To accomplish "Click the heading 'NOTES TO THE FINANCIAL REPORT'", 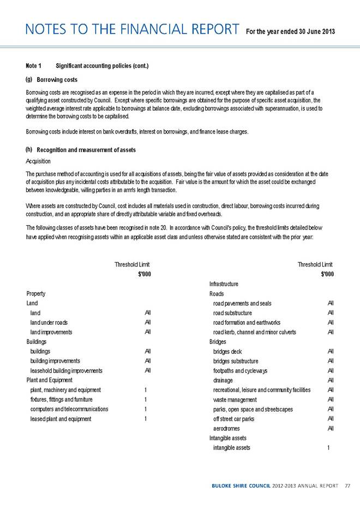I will [x=129, y=28].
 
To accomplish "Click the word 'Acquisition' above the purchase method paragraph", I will [x=38, y=161].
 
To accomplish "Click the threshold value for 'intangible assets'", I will [x=328, y=448].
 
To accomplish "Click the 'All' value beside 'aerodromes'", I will [x=329, y=429].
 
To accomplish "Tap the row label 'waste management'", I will [x=239, y=399].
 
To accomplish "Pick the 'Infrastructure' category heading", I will [x=224, y=283].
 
